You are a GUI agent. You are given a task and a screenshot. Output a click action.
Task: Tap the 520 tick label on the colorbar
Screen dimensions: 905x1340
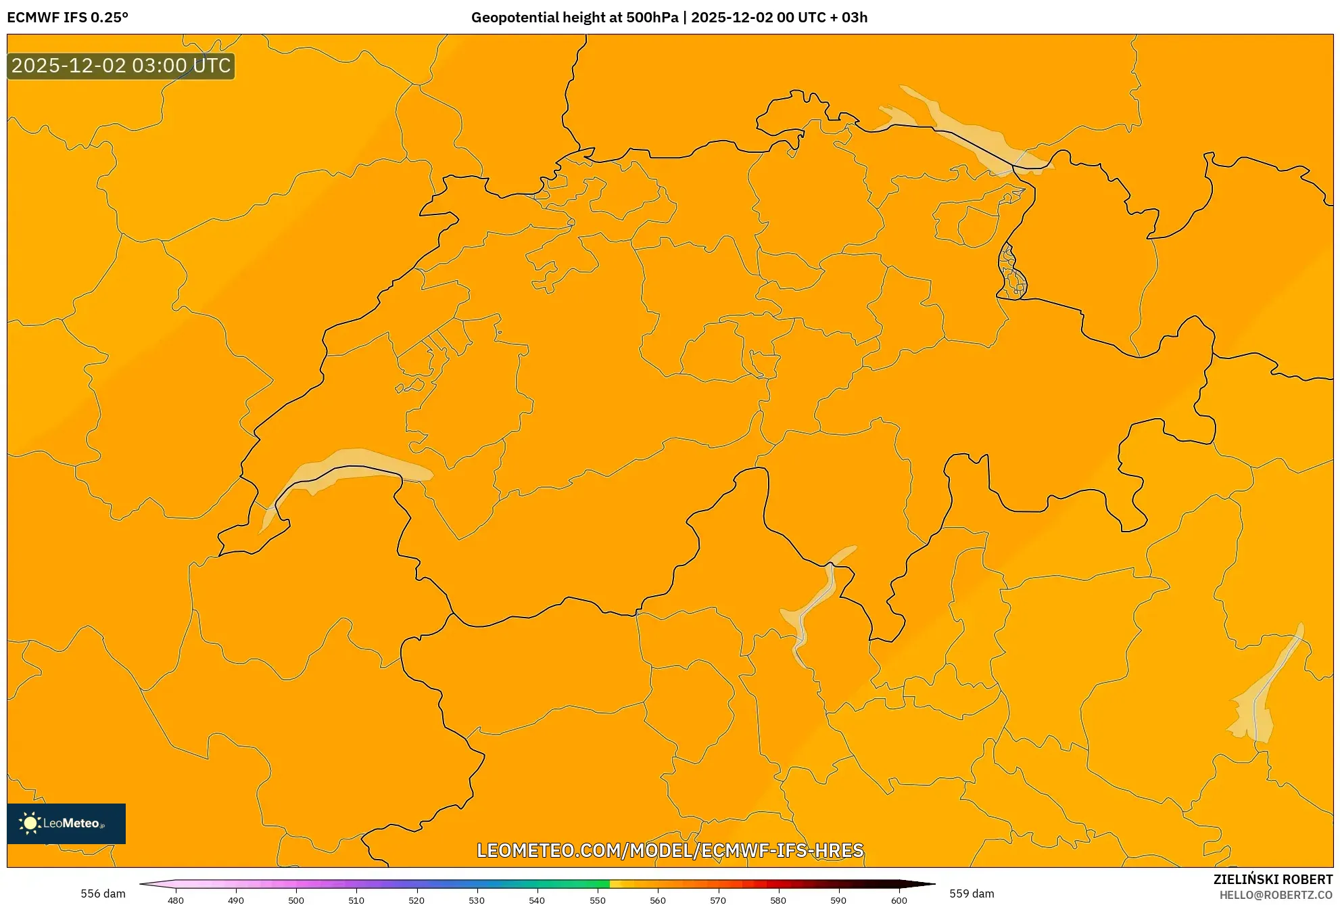click(416, 900)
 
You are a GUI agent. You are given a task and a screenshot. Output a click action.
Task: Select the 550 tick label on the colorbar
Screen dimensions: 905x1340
click(598, 900)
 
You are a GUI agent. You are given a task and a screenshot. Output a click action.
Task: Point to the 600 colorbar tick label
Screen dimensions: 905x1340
click(899, 900)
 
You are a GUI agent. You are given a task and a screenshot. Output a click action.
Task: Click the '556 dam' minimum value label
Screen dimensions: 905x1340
click(103, 894)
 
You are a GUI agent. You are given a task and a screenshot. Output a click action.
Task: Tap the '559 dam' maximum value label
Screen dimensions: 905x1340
click(972, 894)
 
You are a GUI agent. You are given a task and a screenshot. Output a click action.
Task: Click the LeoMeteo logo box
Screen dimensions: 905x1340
click(66, 823)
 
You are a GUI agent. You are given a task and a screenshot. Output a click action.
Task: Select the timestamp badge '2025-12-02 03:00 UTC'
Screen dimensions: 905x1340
click(121, 66)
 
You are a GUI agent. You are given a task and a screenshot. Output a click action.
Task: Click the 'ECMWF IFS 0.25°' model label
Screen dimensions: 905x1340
click(68, 18)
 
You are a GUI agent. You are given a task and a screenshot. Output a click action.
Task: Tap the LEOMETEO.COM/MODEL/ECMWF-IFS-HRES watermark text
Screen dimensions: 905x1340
click(670, 850)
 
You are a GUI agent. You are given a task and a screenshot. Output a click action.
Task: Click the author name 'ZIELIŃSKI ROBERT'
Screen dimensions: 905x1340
click(1272, 879)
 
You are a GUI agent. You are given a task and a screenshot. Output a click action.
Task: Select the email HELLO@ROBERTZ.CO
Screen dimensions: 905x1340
click(1276, 895)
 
